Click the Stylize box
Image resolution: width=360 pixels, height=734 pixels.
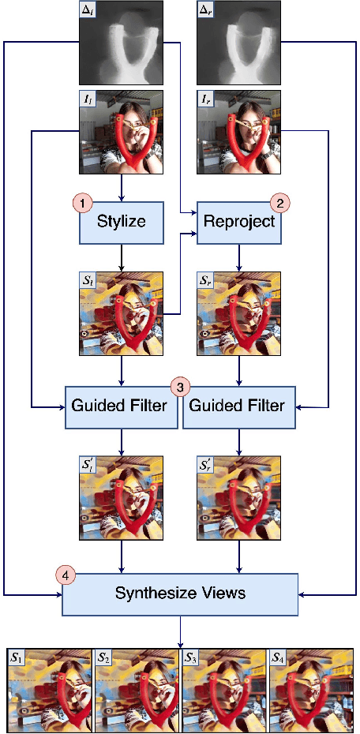click(121, 222)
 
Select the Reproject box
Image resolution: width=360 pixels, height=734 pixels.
click(239, 222)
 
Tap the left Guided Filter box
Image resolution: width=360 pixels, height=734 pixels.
click(121, 406)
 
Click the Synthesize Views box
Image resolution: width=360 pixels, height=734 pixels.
click(180, 593)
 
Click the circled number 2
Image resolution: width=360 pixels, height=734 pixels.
click(278, 203)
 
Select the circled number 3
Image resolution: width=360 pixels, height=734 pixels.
click(180, 388)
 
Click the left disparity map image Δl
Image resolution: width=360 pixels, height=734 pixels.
click(121, 43)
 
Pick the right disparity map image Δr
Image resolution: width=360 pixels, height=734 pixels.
click(239, 43)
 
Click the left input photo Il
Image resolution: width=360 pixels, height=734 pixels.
click(121, 132)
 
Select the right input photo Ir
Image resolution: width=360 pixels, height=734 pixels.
click(239, 132)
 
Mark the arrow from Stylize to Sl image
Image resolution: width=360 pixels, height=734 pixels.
click(121, 258)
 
